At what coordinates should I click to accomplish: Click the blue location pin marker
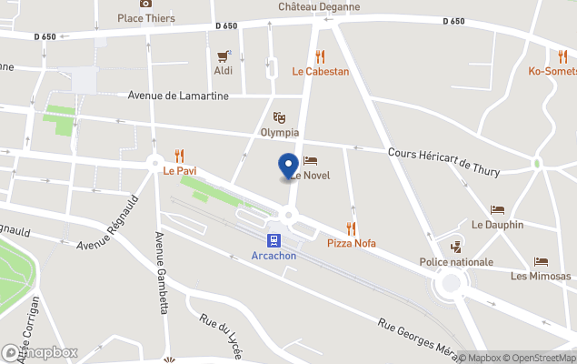(x=288, y=167)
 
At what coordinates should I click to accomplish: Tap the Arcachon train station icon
(x=273, y=240)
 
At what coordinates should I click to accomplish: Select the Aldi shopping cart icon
(x=223, y=56)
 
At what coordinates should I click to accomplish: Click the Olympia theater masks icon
(x=280, y=117)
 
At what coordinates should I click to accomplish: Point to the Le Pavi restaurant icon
(x=179, y=156)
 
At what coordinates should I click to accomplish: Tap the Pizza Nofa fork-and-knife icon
(x=351, y=228)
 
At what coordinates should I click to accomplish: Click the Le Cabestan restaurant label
(x=320, y=71)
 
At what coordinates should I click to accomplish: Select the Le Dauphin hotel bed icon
(x=497, y=210)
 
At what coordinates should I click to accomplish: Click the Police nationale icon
(x=456, y=247)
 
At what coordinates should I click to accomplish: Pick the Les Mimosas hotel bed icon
(x=541, y=261)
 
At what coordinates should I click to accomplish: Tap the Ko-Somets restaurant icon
(x=562, y=56)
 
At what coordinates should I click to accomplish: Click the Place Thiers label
(x=146, y=17)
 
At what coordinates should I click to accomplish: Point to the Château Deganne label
(x=319, y=7)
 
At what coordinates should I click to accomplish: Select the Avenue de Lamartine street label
(x=178, y=96)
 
